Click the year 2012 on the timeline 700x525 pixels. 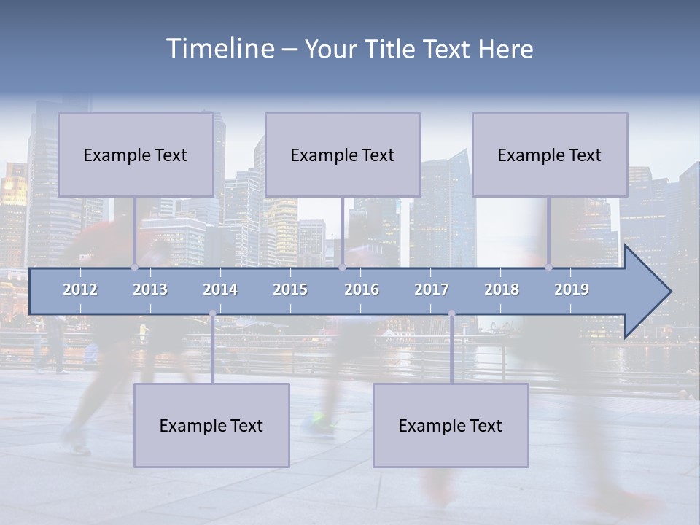tap(80, 289)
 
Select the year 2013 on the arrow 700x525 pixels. tap(150, 289)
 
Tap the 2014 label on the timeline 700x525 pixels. tap(220, 289)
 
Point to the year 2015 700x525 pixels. tap(290, 289)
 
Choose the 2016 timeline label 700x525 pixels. tap(362, 289)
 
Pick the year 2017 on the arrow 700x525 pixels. tap(432, 289)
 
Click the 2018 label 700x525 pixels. tap(502, 289)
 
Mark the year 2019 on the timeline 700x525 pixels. tap(572, 289)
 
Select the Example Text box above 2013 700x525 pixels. tap(136, 155)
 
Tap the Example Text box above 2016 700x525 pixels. tap(343, 155)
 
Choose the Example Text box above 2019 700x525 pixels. tap(550, 155)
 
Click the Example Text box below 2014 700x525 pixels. tap(211, 426)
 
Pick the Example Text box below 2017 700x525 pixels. tap(451, 426)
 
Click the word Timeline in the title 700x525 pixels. tap(219, 49)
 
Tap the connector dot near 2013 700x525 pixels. tap(134, 267)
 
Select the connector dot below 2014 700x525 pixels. tap(212, 314)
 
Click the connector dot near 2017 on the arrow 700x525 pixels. tap(451, 314)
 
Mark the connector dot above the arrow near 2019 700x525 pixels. tap(549, 267)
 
